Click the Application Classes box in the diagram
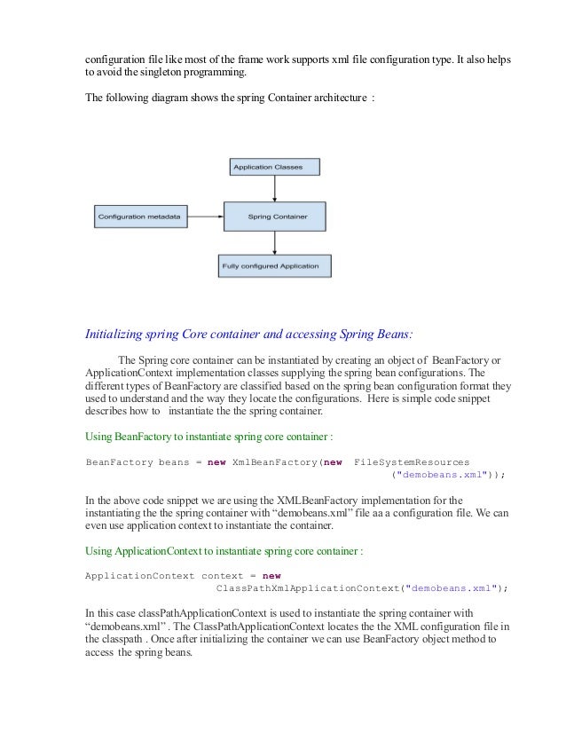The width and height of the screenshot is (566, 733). (x=274, y=166)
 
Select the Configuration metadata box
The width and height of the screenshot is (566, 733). (x=141, y=216)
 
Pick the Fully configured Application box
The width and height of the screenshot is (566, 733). (x=274, y=264)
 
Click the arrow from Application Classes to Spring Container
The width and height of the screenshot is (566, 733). (x=275, y=187)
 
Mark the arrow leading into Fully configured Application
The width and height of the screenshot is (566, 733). (x=275, y=242)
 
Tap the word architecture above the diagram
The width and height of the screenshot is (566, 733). (x=337, y=96)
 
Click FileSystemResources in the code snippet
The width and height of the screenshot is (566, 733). (x=412, y=461)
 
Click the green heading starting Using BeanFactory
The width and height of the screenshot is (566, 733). (x=208, y=437)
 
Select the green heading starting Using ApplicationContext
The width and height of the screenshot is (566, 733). (x=223, y=550)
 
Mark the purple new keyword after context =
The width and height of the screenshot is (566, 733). (x=271, y=575)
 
